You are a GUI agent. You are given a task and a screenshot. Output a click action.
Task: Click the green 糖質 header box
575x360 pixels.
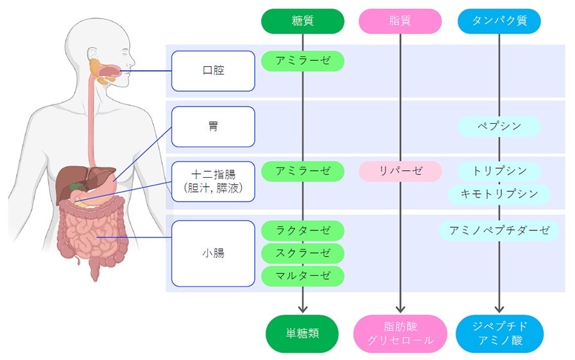(x=302, y=21)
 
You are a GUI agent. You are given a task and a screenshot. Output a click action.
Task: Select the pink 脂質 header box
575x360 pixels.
(x=400, y=21)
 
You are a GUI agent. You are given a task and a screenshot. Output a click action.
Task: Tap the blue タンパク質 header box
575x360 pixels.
(x=499, y=21)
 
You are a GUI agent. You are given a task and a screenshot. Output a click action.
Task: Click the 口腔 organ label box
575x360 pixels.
(x=213, y=71)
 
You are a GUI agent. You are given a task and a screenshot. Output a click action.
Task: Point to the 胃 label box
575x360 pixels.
(x=213, y=126)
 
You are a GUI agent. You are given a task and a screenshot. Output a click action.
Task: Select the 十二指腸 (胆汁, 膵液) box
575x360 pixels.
(x=213, y=181)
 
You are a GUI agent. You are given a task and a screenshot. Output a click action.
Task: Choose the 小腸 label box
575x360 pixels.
(x=213, y=253)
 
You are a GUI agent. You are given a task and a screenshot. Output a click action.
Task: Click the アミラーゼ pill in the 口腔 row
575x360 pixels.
(x=302, y=61)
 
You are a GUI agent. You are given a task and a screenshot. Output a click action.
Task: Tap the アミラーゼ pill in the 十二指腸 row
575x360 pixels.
(x=302, y=171)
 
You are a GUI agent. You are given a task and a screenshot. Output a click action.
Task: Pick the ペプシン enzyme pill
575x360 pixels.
(x=499, y=126)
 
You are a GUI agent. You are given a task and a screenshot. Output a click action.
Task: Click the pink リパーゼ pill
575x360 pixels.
(x=400, y=171)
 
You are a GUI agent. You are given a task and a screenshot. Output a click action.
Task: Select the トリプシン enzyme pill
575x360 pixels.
(x=499, y=171)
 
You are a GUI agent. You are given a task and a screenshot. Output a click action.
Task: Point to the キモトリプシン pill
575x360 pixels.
(x=499, y=194)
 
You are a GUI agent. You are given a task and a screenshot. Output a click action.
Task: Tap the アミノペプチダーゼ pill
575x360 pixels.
(x=499, y=230)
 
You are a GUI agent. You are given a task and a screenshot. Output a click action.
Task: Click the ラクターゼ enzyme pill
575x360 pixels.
(x=302, y=230)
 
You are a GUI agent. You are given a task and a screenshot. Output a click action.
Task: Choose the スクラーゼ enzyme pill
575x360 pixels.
(x=302, y=253)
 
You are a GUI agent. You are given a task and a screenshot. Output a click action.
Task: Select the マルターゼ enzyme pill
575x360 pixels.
(x=302, y=276)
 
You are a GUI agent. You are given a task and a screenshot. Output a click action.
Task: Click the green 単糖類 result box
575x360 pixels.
(x=302, y=334)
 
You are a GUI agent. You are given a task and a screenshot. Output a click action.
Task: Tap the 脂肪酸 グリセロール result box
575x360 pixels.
(x=400, y=334)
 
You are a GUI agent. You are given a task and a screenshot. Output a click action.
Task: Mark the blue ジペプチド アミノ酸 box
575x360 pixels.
(x=499, y=334)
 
